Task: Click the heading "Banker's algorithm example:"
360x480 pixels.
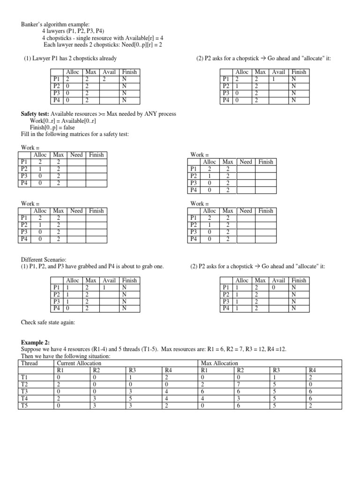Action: [x=49, y=25]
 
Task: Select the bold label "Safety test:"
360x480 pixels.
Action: [x=35, y=114]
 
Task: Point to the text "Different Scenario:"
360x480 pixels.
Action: [x=44, y=259]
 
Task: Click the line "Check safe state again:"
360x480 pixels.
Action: [x=48, y=322]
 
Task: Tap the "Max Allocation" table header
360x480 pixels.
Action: [x=219, y=363]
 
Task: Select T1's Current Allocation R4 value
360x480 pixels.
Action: [x=165, y=377]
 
